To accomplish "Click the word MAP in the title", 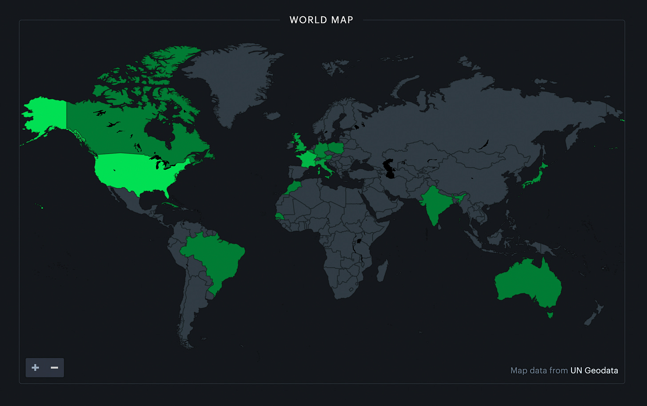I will point(342,20).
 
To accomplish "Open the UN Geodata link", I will point(594,370).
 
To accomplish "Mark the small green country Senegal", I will point(279,216).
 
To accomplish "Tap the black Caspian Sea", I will point(390,169).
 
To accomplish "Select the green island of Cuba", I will point(171,206).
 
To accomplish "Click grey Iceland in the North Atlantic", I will point(272,116).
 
